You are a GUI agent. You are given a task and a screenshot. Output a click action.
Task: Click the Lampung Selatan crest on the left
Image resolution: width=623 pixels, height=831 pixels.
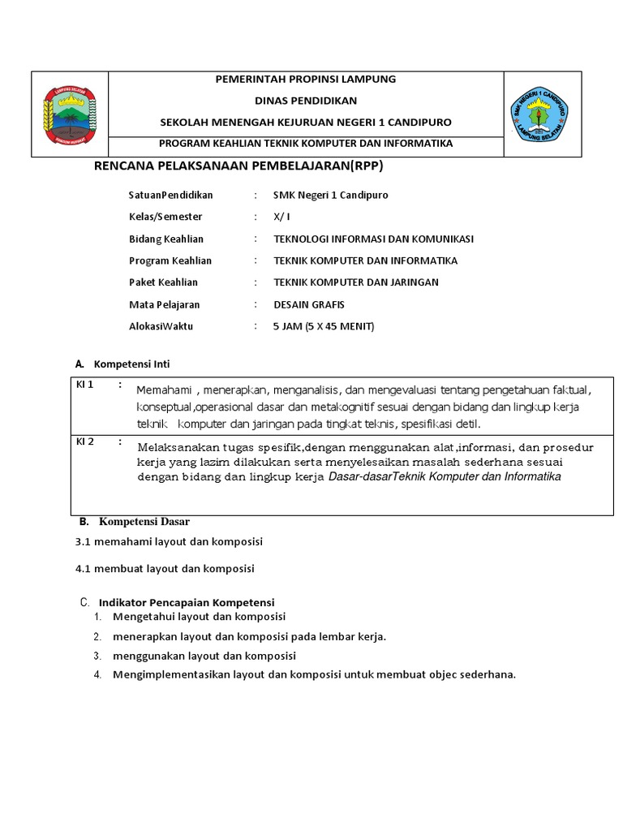[69, 114]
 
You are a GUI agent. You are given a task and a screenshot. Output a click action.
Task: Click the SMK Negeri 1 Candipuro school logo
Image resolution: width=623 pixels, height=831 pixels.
[539, 114]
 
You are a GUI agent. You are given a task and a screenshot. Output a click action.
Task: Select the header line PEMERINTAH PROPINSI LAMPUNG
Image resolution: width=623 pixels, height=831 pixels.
[305, 80]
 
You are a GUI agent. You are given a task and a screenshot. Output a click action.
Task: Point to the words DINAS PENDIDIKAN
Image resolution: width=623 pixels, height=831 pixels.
[305, 101]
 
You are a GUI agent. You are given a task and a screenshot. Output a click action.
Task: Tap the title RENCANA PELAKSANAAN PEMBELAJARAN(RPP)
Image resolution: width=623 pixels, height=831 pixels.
[239, 166]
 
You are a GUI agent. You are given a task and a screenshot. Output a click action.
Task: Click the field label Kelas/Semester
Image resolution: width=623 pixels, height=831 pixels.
[165, 217]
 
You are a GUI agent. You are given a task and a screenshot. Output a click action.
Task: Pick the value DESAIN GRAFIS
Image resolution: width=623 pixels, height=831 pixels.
[309, 304]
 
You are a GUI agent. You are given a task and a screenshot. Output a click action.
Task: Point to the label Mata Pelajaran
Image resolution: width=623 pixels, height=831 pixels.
[164, 304]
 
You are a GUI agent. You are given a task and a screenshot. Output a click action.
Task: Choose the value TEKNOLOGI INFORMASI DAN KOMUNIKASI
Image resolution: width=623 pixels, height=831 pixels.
[373, 239]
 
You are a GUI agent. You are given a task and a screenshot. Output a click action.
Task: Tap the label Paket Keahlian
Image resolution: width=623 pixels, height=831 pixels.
[163, 282]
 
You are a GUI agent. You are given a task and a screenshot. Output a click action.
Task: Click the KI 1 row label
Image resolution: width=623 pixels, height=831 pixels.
[85, 385]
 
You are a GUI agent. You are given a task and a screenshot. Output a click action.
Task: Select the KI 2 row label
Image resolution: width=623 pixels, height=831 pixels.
[85, 441]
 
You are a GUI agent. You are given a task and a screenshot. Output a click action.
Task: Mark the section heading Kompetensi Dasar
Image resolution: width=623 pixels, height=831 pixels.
[144, 521]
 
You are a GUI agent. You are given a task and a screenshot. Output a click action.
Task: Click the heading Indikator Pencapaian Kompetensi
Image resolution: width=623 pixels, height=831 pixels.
[187, 602]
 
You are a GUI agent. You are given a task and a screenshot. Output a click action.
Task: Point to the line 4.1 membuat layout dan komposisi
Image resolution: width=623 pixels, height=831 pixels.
[165, 569]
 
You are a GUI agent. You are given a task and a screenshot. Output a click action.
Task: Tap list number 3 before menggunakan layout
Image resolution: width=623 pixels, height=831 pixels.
[96, 656]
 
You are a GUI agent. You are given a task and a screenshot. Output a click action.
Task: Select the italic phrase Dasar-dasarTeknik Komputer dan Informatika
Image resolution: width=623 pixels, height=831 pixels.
[445, 477]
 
